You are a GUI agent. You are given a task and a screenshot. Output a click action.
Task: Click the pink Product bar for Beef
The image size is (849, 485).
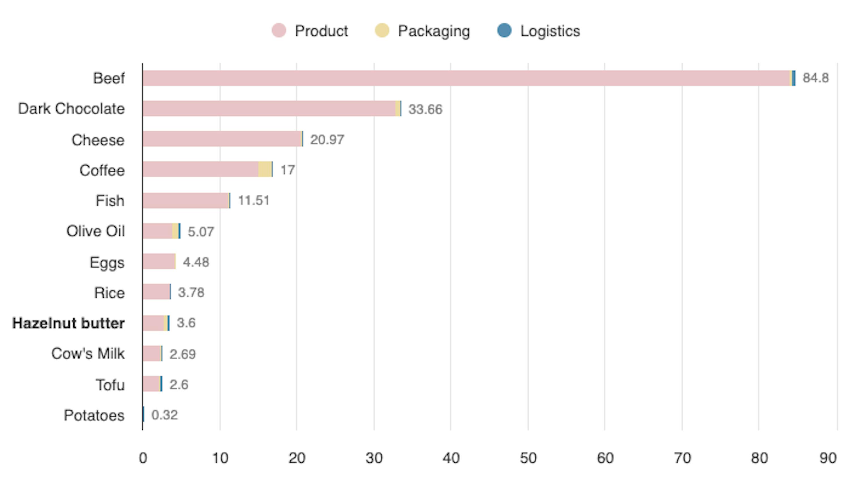click(x=466, y=78)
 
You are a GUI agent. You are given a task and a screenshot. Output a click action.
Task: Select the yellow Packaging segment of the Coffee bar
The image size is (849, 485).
click(x=265, y=169)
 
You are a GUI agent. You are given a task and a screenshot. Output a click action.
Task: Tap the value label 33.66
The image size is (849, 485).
click(x=425, y=109)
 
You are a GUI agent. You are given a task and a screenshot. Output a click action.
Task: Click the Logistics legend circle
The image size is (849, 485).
click(x=504, y=31)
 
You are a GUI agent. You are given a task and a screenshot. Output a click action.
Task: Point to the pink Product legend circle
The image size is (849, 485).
click(x=279, y=31)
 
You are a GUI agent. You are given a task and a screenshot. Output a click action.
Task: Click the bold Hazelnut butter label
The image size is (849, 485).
click(x=68, y=323)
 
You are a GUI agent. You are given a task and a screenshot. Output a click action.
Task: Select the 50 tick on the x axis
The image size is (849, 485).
click(x=528, y=458)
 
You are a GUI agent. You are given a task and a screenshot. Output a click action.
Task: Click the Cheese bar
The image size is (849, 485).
click(x=222, y=139)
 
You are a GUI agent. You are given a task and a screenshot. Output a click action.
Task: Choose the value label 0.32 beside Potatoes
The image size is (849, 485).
click(x=164, y=415)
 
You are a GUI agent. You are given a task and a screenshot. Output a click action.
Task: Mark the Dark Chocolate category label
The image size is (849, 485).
click(x=71, y=109)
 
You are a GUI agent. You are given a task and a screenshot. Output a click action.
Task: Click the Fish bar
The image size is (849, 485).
click(x=186, y=201)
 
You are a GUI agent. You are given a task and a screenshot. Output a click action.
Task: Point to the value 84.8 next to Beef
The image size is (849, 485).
click(x=815, y=78)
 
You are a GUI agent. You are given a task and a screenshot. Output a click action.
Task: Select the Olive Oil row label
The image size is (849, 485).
click(x=95, y=231)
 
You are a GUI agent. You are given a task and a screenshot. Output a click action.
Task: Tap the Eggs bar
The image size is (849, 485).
click(x=159, y=261)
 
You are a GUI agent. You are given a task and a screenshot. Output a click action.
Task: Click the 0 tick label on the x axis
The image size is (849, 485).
click(x=143, y=458)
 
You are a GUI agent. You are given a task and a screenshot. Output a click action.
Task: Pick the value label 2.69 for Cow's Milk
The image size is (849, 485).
click(x=182, y=354)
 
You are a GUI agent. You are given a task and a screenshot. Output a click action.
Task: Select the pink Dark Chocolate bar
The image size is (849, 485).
click(x=269, y=109)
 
